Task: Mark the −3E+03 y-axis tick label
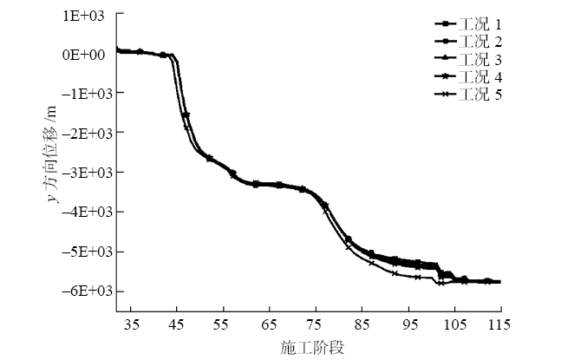point(82,172)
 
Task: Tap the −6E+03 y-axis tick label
point(82,291)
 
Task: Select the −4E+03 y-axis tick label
point(82,212)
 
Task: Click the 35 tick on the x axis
point(133,324)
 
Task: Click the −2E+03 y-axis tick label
point(82,133)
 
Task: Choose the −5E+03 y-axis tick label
point(82,252)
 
